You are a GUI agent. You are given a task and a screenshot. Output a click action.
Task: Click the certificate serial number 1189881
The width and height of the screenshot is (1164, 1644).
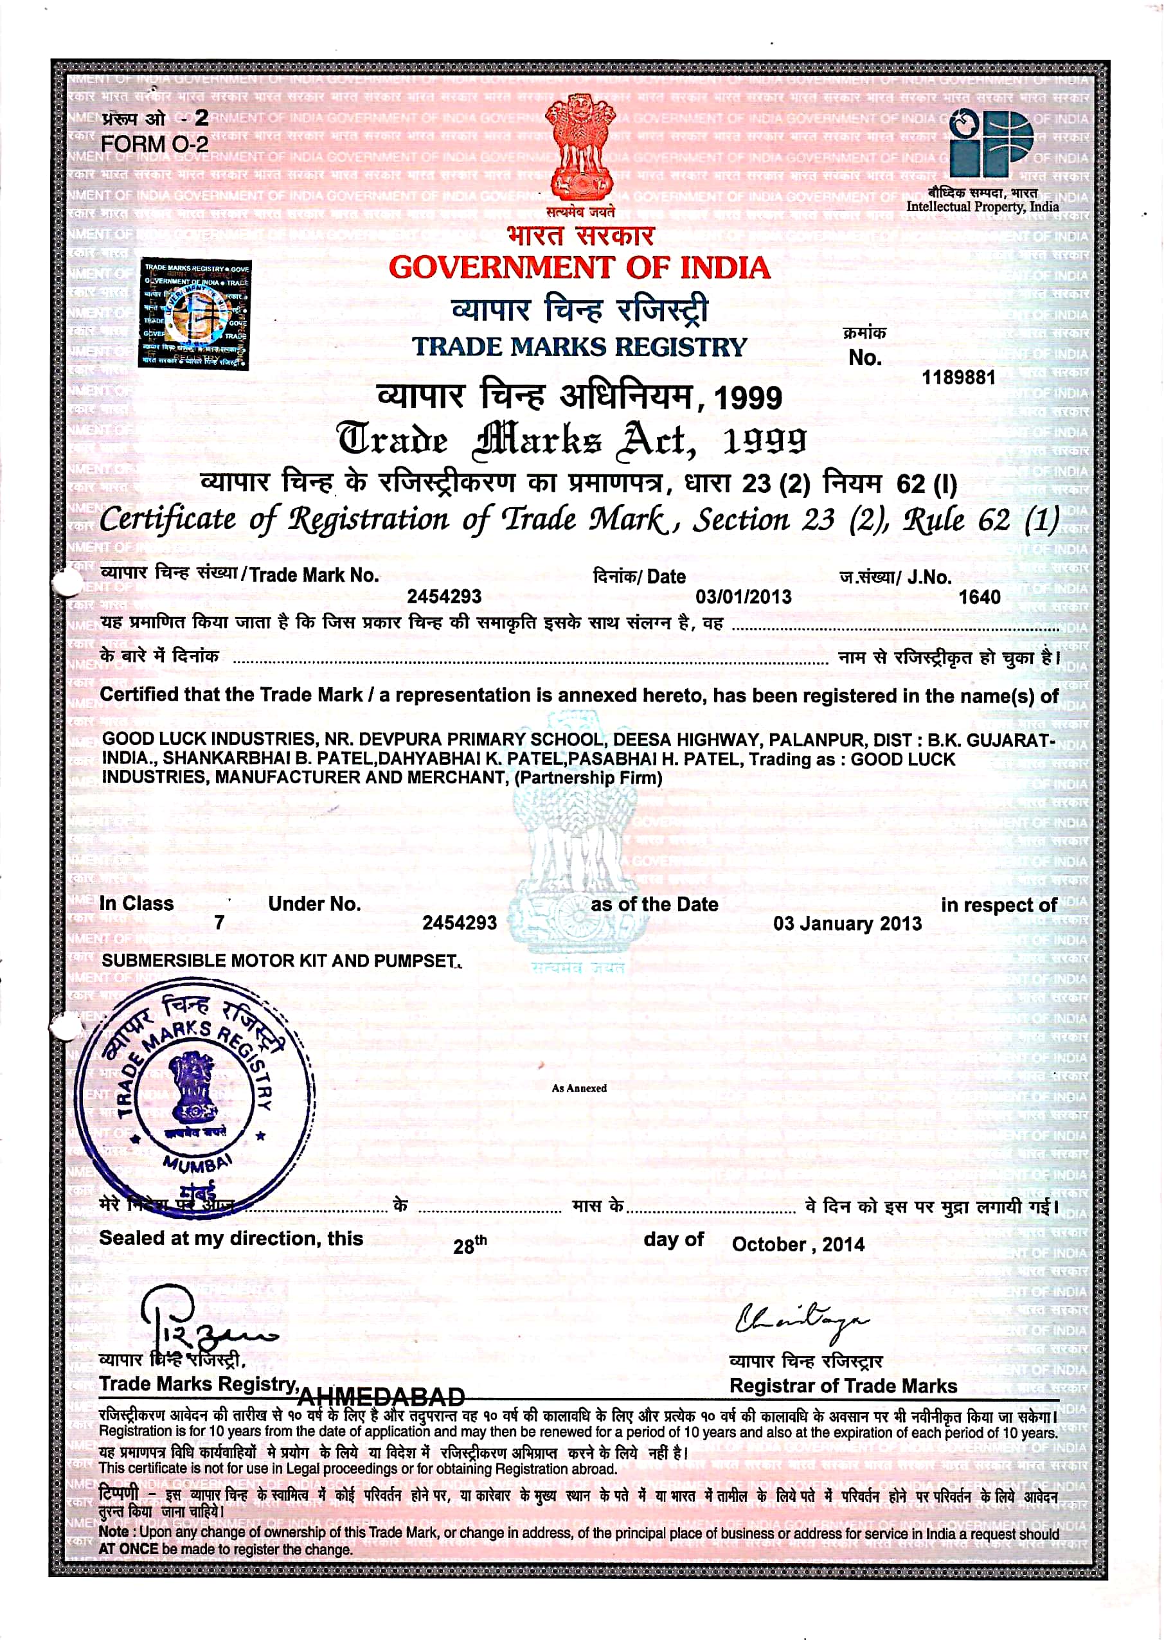point(958,377)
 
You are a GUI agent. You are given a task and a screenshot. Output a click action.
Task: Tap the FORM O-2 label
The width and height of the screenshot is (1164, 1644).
point(154,144)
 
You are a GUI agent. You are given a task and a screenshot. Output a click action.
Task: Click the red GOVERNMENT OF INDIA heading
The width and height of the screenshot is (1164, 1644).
point(579,268)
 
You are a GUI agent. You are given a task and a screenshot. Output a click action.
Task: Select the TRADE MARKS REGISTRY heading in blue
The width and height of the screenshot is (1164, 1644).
point(579,347)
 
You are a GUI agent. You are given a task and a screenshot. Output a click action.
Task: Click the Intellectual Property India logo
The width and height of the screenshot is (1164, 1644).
point(990,143)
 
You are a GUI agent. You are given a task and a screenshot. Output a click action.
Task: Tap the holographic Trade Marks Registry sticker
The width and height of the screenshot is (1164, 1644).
point(194,314)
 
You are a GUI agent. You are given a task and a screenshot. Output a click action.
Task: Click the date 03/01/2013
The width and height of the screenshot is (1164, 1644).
point(743,596)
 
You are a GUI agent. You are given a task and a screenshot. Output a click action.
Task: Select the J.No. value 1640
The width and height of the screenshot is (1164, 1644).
point(979,597)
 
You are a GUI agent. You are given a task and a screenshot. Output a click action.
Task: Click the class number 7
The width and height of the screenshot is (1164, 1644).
point(219,922)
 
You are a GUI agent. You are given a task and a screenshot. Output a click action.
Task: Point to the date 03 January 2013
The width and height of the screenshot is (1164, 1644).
point(847,923)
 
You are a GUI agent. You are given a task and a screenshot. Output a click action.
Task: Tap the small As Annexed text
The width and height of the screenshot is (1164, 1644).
point(579,1088)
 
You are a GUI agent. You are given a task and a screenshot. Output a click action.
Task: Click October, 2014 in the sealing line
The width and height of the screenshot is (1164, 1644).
point(798,1244)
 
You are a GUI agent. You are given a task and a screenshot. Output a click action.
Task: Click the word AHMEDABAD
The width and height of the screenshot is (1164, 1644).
point(381,1397)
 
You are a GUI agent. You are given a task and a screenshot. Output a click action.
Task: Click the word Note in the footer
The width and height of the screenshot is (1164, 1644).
point(113,1532)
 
